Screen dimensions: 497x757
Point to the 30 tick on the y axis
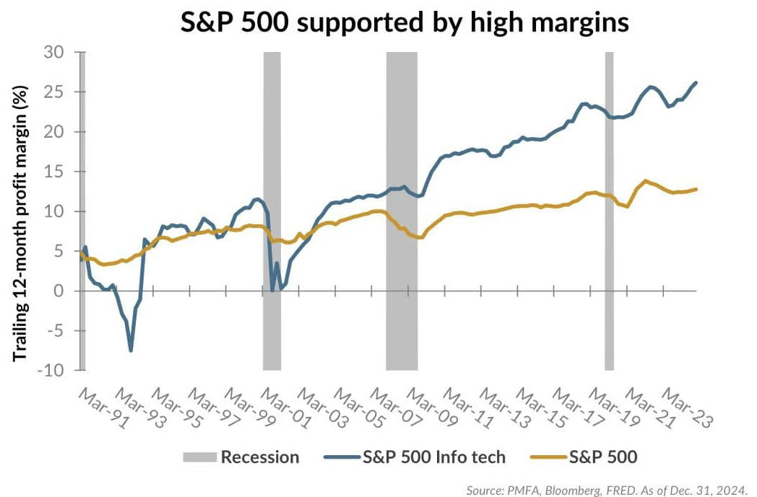60,53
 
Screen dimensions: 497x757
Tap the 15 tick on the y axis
60,172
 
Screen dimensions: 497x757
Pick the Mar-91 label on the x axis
96,407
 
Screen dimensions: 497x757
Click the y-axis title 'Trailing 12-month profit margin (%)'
22,211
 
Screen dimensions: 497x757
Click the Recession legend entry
241,457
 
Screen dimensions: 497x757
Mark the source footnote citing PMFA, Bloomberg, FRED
607,489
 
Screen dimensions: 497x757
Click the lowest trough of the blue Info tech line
131,351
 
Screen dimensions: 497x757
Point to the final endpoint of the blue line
696,82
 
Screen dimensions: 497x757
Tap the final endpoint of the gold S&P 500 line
696,189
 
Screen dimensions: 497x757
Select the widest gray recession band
402,211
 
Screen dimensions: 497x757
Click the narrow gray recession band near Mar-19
609,211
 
